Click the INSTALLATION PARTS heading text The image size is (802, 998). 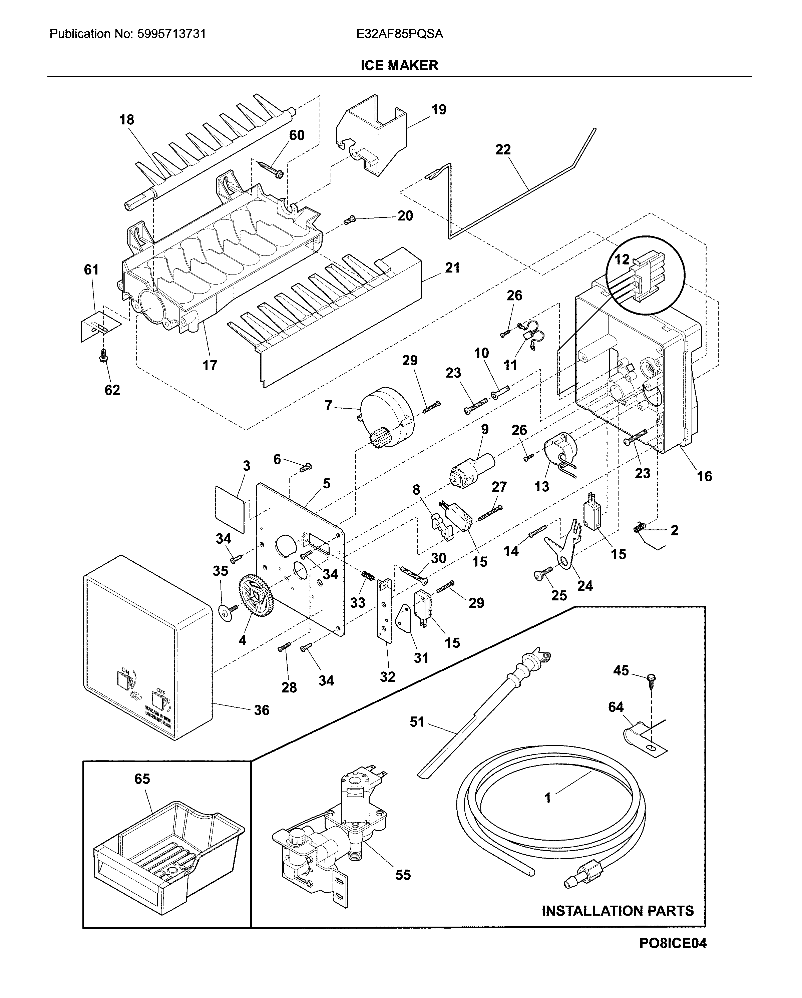[617, 911]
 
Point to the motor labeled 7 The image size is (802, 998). [387, 417]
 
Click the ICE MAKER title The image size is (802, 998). [399, 65]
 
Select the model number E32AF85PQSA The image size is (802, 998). [399, 34]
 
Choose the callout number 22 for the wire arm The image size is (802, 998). [503, 149]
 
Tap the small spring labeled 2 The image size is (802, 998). [640, 527]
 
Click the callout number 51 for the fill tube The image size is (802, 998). [417, 722]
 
